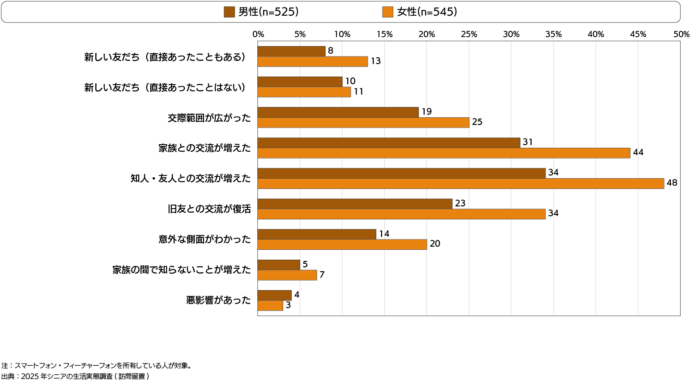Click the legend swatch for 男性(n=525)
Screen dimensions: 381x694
pyautogui.click(x=229, y=12)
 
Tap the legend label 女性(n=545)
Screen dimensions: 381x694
pyautogui.click(x=427, y=12)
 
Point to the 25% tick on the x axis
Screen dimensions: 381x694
pyautogui.click(x=469, y=34)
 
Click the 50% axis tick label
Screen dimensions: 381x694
pyautogui.click(x=681, y=34)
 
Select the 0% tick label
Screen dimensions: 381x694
pyautogui.click(x=258, y=34)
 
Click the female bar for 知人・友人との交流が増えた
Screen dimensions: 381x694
pyautogui.click(x=460, y=184)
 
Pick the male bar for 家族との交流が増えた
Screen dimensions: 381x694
pyautogui.click(x=389, y=143)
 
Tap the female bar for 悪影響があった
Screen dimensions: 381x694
pyautogui.click(x=270, y=305)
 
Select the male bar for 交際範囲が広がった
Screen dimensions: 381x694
pyautogui.click(x=338, y=112)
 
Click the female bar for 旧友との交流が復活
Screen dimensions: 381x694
pyautogui.click(x=401, y=214)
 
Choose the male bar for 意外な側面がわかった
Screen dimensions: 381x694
pyautogui.click(x=317, y=234)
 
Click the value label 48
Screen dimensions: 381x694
pyautogui.click(x=672, y=183)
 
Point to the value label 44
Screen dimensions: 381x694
pyautogui.click(x=638, y=152)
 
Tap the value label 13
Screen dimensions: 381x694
pyautogui.click(x=375, y=61)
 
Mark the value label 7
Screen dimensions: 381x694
pyautogui.click(x=322, y=274)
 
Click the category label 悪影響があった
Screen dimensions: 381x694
pyautogui.click(x=218, y=300)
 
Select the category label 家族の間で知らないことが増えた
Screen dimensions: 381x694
pyautogui.click(x=181, y=270)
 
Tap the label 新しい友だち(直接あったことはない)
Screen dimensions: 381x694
pyautogui.click(x=166, y=87)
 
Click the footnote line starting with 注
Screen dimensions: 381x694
pyautogui.click(x=97, y=366)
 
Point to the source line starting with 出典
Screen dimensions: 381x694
pyautogui.click(x=75, y=377)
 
